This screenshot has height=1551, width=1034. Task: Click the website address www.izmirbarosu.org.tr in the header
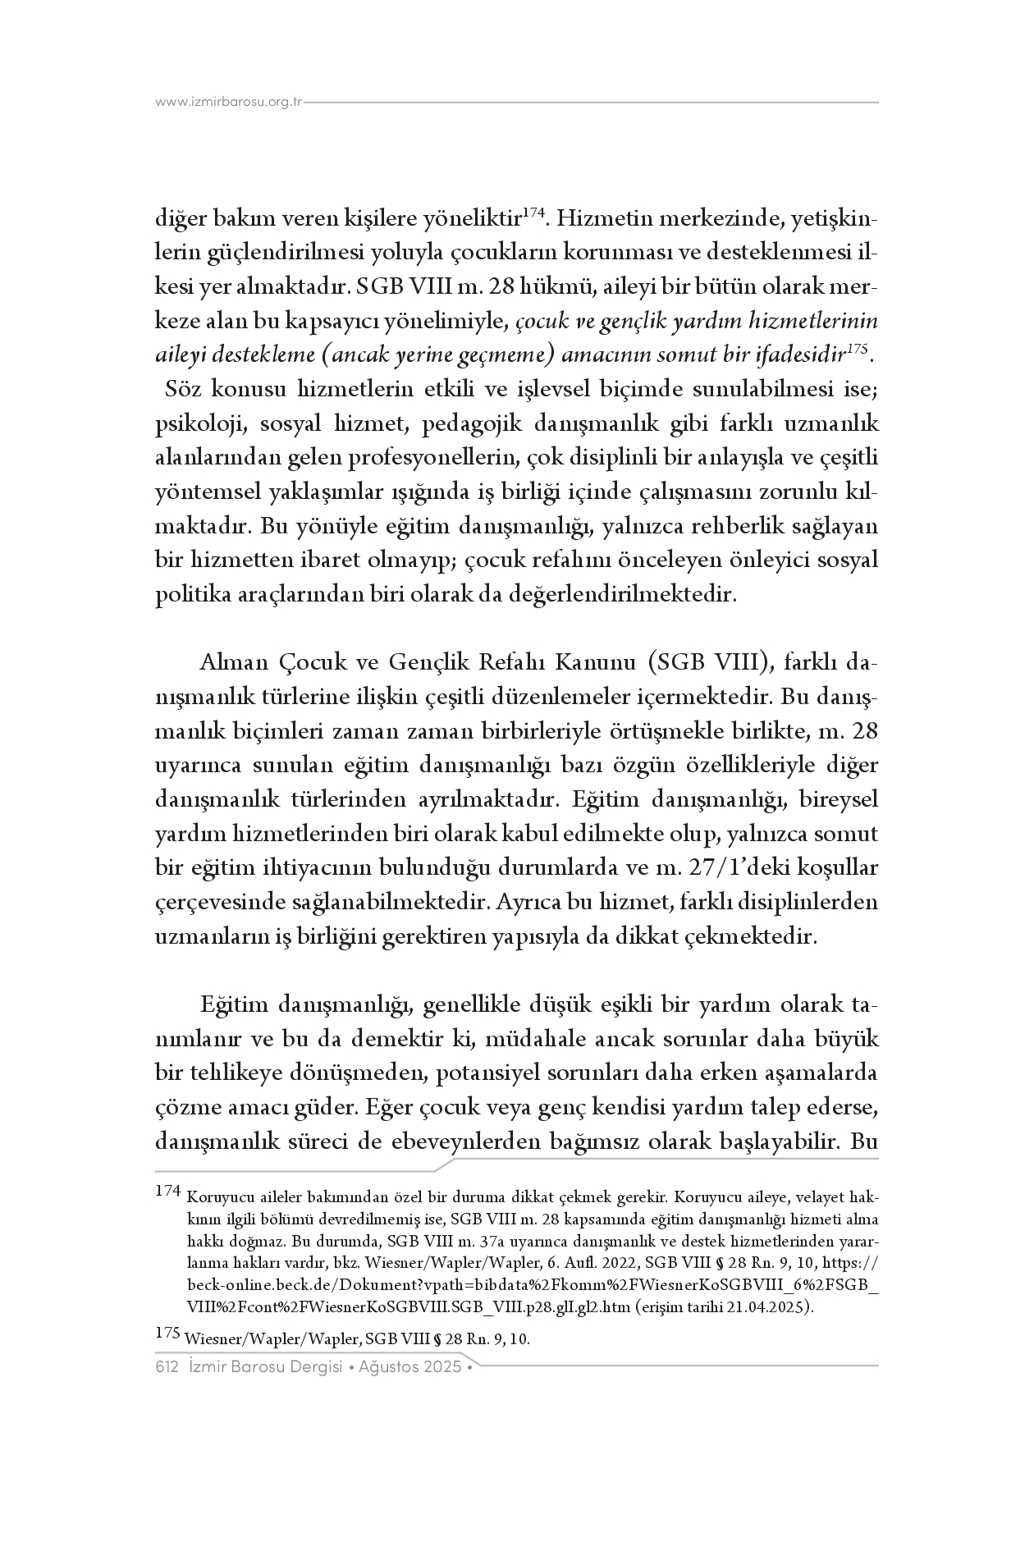click(x=230, y=103)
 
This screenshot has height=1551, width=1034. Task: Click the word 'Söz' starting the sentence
click(x=183, y=388)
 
